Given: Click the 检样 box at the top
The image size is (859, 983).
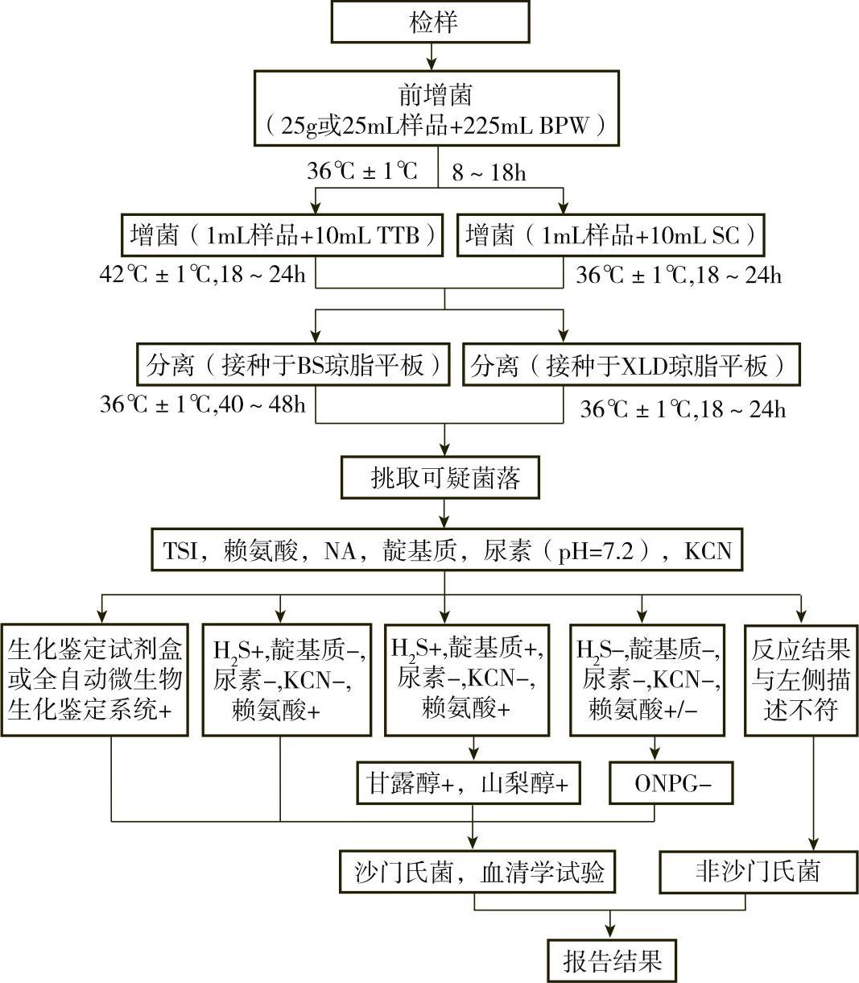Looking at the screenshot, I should (430, 22).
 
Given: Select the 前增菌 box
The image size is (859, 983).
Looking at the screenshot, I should (436, 108).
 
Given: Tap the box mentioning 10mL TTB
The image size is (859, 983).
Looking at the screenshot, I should (283, 235).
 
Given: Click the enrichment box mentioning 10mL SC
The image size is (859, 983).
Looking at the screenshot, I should (610, 235).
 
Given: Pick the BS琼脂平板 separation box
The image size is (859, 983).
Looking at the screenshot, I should (294, 367).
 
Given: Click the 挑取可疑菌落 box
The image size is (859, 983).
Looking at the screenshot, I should (440, 479).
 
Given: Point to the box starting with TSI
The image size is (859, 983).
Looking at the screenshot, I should (448, 551).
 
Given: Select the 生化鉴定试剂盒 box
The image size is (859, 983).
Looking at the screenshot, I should (96, 679).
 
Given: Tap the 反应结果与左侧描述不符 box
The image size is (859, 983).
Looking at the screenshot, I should (800, 679).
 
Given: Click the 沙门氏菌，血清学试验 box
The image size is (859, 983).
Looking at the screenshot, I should (478, 872).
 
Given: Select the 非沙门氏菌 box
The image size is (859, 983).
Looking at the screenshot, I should (757, 872).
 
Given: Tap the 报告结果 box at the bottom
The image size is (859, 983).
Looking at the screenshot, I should (611, 960).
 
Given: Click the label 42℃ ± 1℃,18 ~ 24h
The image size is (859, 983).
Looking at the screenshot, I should (203, 275).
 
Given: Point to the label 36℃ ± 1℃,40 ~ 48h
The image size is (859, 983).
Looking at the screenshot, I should (203, 404).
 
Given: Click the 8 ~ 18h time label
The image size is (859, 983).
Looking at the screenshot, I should (489, 173).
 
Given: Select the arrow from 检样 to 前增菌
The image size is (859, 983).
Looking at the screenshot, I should (432, 56).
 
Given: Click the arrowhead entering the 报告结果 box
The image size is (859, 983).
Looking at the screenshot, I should (611, 931).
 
